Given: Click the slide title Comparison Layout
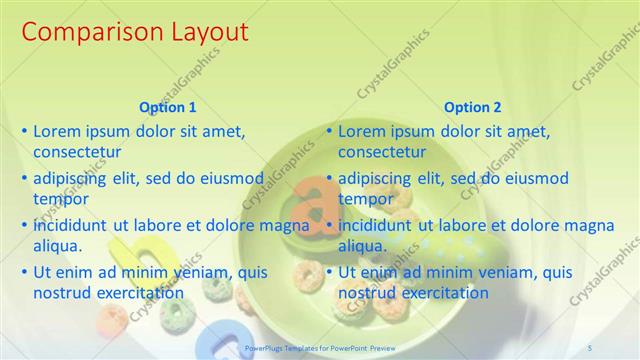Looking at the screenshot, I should [x=134, y=32].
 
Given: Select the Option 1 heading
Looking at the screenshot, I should [x=169, y=107].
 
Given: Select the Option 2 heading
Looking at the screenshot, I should [x=473, y=107].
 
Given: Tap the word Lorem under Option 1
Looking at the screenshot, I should [x=56, y=131].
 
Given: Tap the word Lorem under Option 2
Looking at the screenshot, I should [x=361, y=131].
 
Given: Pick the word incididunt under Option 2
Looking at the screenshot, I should [x=376, y=225].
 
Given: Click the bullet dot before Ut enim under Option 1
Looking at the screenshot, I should [x=25, y=272].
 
